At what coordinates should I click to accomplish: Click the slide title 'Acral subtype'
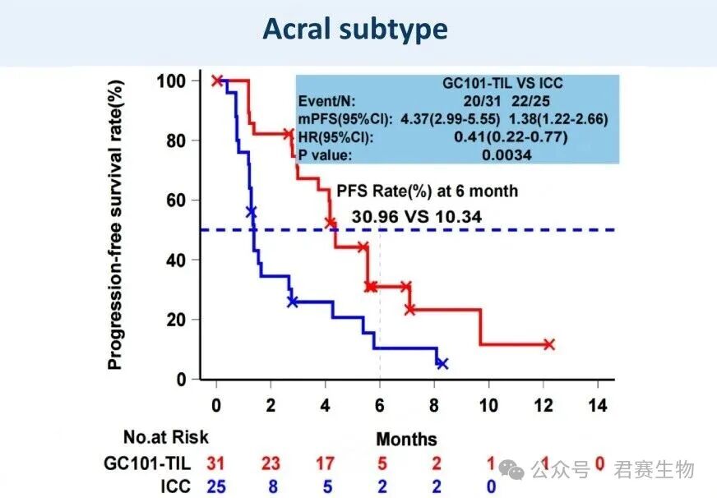coord(355,30)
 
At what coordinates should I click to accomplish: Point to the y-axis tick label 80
coord(176,141)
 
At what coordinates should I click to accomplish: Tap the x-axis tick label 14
coord(598,405)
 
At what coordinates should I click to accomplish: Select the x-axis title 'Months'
coord(406,439)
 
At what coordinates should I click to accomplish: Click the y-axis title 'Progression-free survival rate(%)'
coord(115,225)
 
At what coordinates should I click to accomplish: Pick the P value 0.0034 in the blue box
coord(507,154)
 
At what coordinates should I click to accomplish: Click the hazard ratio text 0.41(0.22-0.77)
coord(511,136)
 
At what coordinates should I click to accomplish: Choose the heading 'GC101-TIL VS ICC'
coord(502,83)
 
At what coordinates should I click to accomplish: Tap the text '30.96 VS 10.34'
coord(417,217)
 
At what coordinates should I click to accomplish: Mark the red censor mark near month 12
coord(548,344)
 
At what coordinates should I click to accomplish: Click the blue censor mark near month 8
coord(442,363)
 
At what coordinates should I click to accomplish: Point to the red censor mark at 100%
coord(217,81)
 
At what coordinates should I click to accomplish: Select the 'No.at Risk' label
coord(166,437)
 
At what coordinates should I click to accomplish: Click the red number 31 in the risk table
coord(215,463)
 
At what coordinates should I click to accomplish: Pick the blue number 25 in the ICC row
coord(215,486)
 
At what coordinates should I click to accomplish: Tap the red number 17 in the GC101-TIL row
coord(325,463)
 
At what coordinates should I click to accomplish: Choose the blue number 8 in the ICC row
coord(273,486)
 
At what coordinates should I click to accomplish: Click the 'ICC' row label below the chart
coord(176,486)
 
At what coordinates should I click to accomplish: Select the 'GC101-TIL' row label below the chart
coord(147,463)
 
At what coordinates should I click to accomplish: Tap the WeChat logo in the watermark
coord(511,469)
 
